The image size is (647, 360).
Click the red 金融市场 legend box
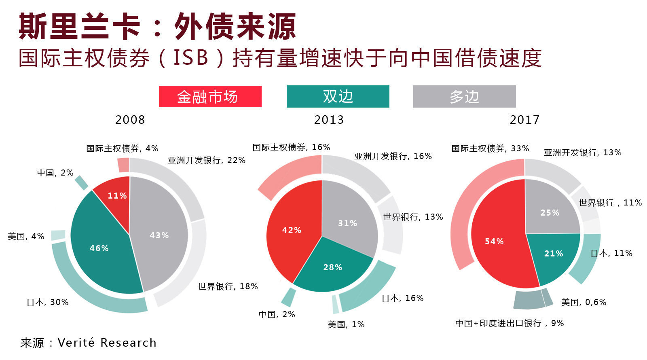pyautogui.click(x=210, y=97)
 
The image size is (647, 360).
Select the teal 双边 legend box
pyautogui.click(x=338, y=97)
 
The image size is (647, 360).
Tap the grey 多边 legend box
pyautogui.click(x=464, y=97)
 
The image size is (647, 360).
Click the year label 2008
pyautogui.click(x=130, y=120)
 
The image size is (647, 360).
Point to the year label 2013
pyautogui.click(x=329, y=120)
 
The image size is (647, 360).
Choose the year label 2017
pyautogui.click(x=524, y=120)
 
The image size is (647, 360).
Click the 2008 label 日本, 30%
pyautogui.click(x=48, y=302)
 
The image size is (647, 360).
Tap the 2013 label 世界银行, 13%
pyautogui.click(x=413, y=217)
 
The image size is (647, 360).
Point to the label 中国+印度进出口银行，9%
pyautogui.click(x=510, y=323)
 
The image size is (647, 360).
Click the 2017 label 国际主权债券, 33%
pyautogui.click(x=490, y=148)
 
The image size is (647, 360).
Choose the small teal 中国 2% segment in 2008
pyautogui.click(x=82, y=182)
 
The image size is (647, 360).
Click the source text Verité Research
pyautogui.click(x=107, y=343)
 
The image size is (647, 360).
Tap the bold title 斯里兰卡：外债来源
pyautogui.click(x=158, y=27)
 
